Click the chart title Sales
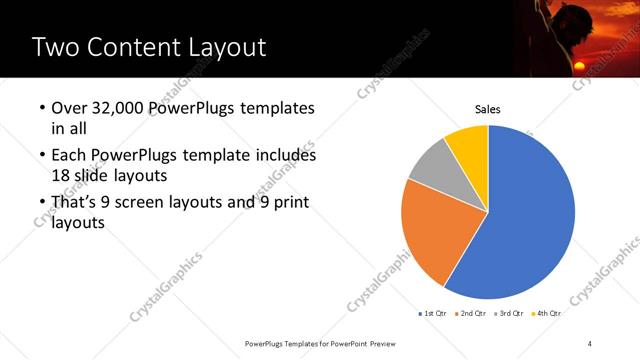[487, 110]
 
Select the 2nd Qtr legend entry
[472, 314]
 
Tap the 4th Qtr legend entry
[548, 314]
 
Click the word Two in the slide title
[53, 46]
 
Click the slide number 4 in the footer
[590, 343]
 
